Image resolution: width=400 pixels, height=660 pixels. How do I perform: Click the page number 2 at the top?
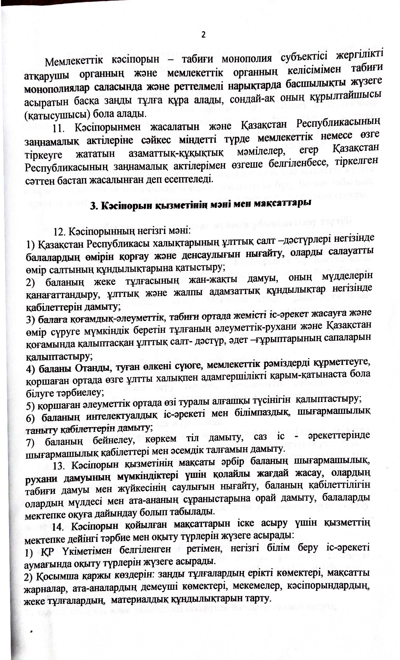204,35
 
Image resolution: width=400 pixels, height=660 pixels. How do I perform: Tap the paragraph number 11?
60,128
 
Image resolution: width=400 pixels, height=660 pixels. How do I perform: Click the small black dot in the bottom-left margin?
32,630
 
